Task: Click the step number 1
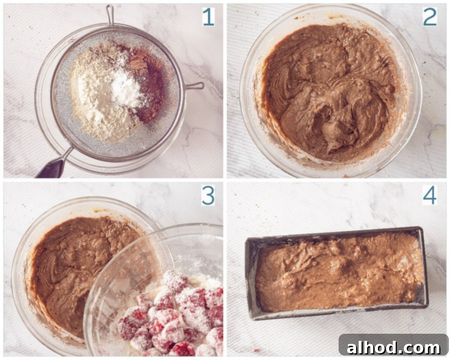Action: coord(208,17)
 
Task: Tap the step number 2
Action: coord(430,17)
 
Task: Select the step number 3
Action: coord(208,196)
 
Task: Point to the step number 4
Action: coord(430,196)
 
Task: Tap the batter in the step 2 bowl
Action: coord(330,94)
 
